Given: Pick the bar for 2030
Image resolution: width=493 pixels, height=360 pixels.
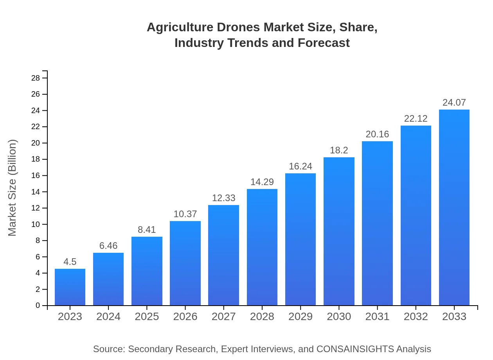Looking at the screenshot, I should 339,231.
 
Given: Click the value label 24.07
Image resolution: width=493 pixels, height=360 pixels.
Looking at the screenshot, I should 454,103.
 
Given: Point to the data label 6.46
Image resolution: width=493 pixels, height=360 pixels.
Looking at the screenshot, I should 108,246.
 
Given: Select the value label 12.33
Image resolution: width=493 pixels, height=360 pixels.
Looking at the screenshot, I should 223,198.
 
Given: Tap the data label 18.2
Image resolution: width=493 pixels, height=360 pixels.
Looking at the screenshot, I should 339,150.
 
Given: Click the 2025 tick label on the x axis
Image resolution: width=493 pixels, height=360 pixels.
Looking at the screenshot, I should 147,317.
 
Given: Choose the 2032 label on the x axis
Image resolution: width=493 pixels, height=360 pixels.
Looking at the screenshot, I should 416,317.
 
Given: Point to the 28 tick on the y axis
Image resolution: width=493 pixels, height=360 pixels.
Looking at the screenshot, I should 36,78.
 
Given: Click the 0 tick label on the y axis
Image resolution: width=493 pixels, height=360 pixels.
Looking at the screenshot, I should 38,306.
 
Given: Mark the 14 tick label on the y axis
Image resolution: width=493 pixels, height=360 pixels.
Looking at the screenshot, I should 36,192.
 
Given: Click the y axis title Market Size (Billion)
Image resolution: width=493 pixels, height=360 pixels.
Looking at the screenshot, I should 13,188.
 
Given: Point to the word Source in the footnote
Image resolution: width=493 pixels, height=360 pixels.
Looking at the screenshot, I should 108,349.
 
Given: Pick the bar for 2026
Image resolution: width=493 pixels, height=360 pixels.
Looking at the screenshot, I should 185,263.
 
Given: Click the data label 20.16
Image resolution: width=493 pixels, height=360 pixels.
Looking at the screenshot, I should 377,134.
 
